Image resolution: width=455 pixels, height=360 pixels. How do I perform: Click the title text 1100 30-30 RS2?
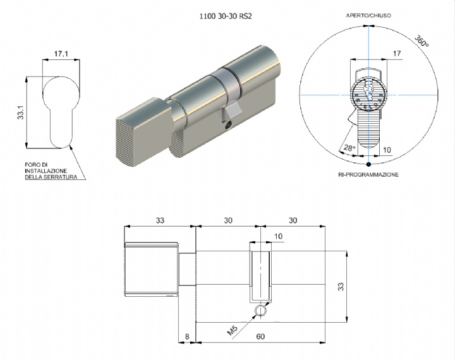[226, 16]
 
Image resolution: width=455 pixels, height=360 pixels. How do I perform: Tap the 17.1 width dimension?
[61, 54]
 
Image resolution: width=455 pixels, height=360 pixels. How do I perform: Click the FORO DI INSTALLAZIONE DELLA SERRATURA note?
[51, 171]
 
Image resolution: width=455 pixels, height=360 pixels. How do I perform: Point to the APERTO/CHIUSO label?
[368, 16]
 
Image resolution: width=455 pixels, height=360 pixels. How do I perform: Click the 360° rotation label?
[422, 40]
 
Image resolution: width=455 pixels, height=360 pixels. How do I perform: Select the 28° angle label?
[349, 148]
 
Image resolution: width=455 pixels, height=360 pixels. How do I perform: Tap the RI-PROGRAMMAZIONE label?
[368, 175]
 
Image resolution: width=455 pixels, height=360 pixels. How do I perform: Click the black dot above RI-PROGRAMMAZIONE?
[368, 164]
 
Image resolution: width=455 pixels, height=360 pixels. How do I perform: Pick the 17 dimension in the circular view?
[397, 54]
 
